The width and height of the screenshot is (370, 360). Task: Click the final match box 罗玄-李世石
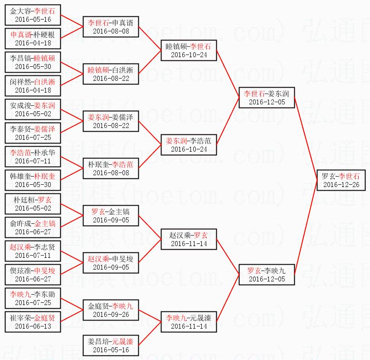340,180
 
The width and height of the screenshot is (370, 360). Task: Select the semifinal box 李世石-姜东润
266,98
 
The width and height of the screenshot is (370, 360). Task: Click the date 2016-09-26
111,315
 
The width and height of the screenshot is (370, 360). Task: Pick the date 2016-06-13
33,326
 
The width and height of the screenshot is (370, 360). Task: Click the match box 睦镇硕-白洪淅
111,74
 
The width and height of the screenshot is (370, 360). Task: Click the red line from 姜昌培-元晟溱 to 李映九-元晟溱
150,334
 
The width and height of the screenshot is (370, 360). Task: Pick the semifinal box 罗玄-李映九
266,275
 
